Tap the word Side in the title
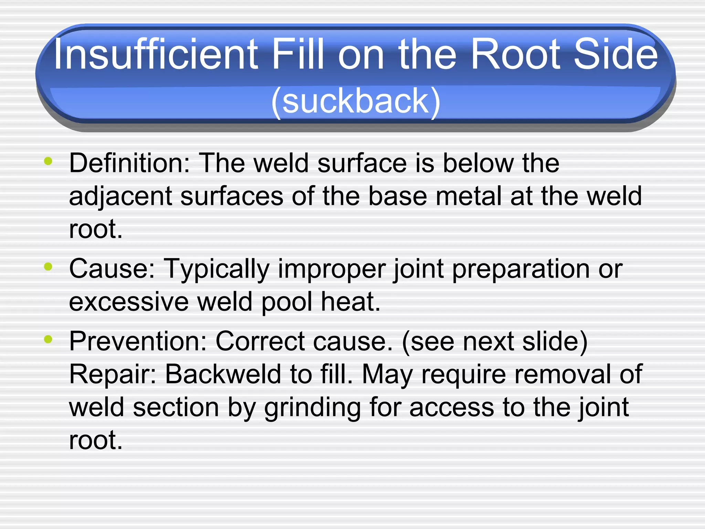(616, 54)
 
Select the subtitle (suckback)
(356, 101)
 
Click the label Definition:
(129, 163)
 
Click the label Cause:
(112, 269)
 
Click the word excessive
(129, 302)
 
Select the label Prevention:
(138, 341)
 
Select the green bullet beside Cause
(48, 266)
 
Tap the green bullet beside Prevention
(48, 339)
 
